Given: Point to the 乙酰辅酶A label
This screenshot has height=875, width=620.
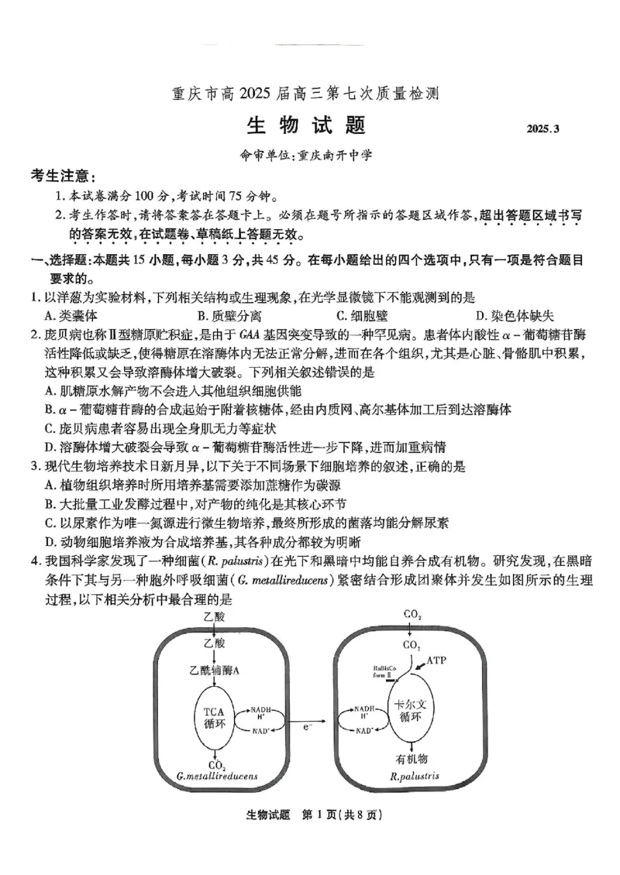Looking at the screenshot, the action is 214,670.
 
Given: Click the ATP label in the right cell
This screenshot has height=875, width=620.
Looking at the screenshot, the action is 437,661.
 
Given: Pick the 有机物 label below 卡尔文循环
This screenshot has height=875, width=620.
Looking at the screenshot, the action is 412,759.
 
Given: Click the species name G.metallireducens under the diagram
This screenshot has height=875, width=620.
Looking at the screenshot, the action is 217,775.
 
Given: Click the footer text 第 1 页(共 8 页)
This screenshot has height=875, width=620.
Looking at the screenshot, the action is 343,814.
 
